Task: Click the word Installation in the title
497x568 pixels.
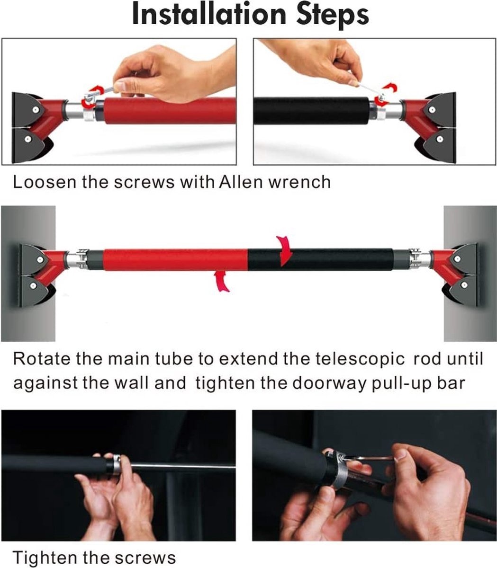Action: pos(209,14)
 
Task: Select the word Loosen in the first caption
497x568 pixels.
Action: pos(45,182)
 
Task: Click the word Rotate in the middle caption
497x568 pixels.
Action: pos(42,359)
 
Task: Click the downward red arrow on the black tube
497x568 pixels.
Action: pos(284,251)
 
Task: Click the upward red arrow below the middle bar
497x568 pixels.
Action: pos(222,281)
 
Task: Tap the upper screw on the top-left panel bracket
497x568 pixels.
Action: pos(35,110)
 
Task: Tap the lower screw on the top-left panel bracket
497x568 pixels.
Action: pos(27,139)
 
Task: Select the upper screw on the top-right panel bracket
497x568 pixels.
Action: pos(432,110)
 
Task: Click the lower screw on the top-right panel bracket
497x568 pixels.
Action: pos(439,139)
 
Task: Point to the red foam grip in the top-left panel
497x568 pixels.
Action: pos(170,110)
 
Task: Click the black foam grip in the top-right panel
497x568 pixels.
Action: pos(312,110)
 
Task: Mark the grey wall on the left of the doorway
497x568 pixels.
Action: pos(28,274)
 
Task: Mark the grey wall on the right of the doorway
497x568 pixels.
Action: pos(470,274)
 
